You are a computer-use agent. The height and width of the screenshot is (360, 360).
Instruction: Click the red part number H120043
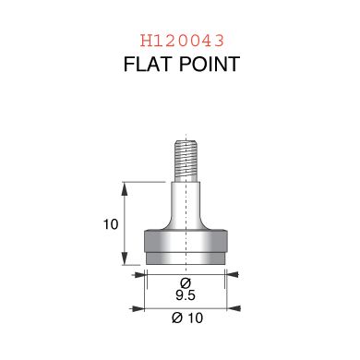pos(182,41)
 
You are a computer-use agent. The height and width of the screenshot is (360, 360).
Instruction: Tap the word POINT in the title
pos(210,64)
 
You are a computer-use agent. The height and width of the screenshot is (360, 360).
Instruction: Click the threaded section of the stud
pos(186,161)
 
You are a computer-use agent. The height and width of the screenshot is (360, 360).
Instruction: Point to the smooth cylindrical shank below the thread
pos(186,203)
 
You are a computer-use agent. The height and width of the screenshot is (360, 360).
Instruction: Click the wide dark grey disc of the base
pos(186,241)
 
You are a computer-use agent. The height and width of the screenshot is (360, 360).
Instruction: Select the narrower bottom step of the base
pos(186,258)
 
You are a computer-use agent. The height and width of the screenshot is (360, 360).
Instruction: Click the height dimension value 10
pos(111,224)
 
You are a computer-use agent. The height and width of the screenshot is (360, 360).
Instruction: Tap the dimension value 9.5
pos(186,295)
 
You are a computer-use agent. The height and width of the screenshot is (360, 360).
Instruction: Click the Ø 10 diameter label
pos(187,318)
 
